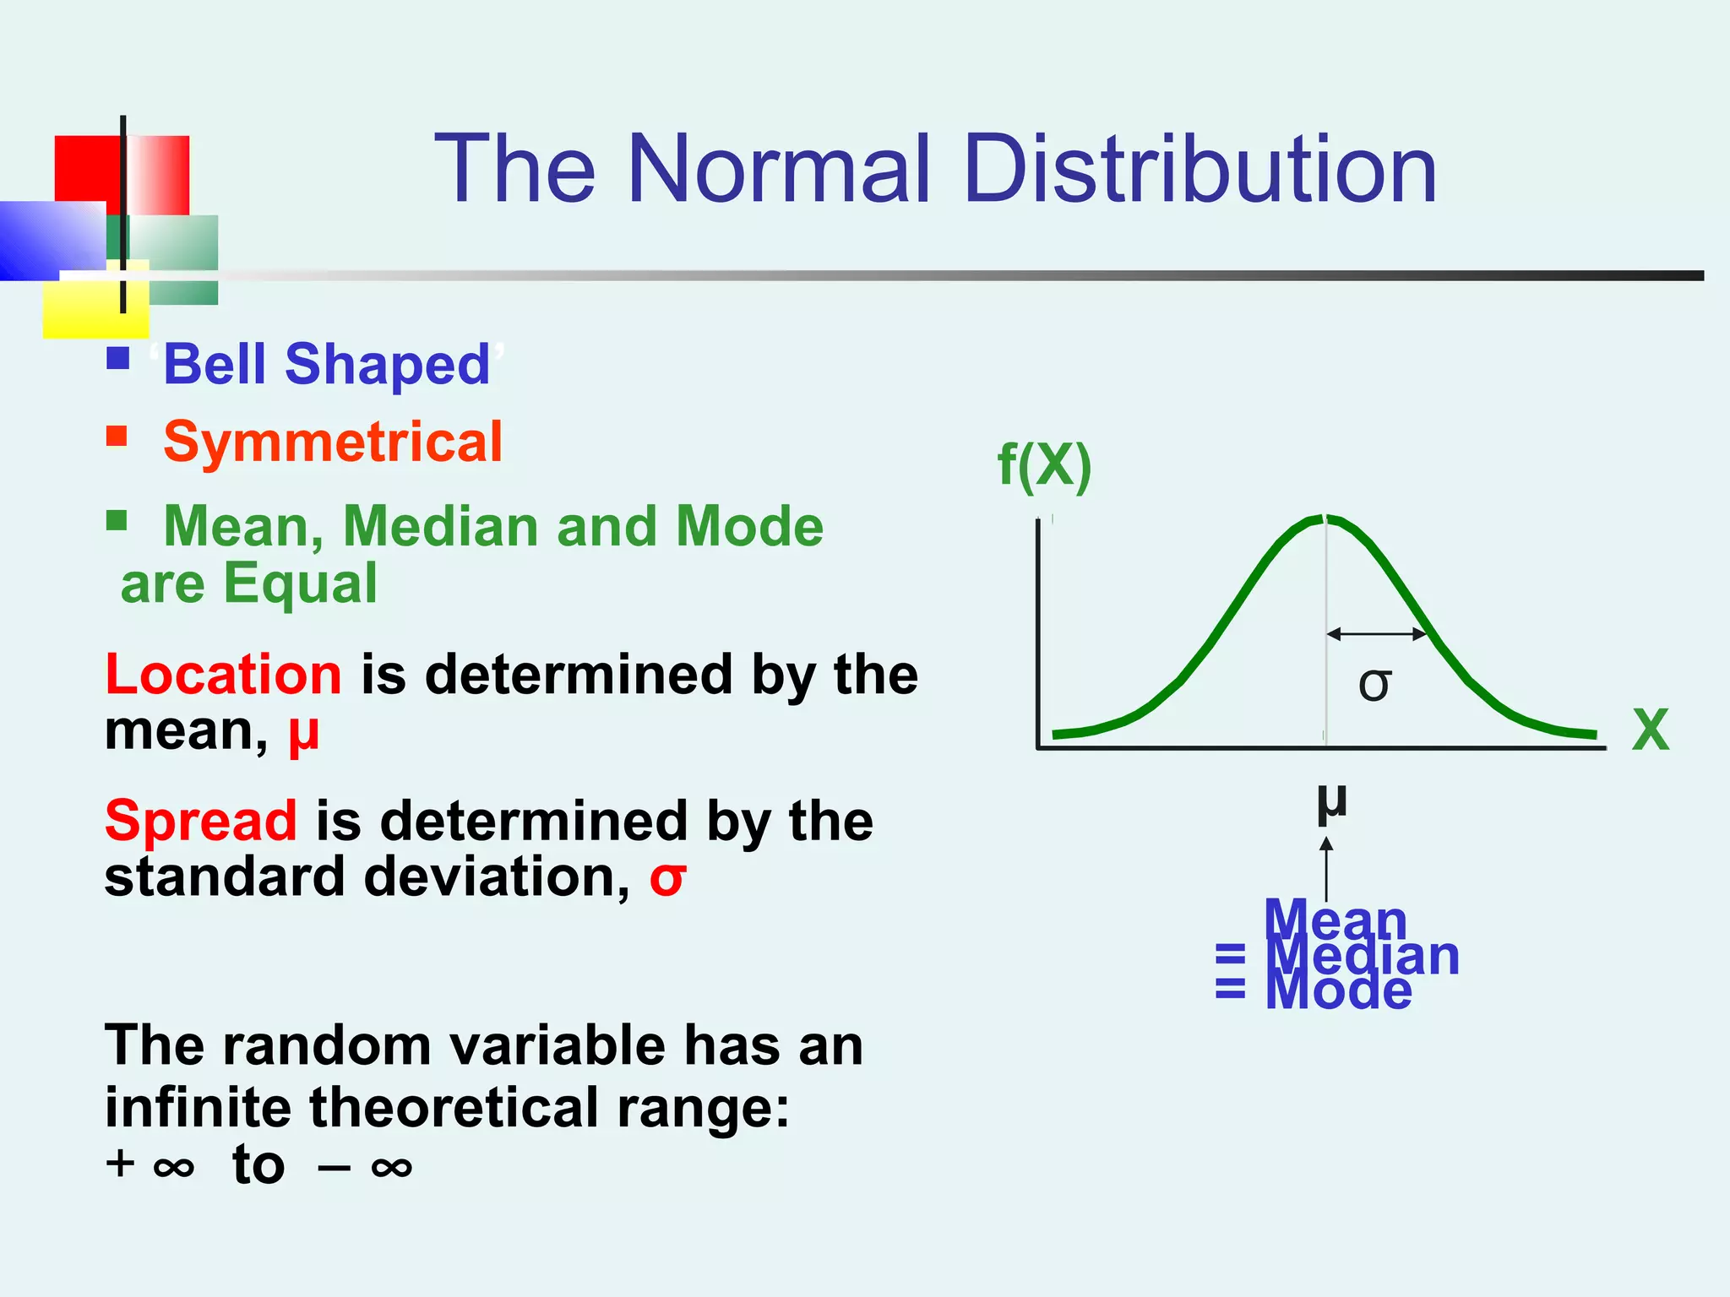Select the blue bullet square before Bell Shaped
[x=118, y=359]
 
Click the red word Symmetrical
[x=333, y=442]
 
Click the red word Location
[x=223, y=675]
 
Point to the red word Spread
[x=200, y=821]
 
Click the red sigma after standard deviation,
[x=667, y=879]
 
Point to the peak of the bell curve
[x=1325, y=518]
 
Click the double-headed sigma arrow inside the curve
[x=1376, y=633]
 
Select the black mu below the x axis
[x=1331, y=802]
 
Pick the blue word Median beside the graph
[x=1363, y=956]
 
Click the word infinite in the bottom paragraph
[x=198, y=1107]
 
